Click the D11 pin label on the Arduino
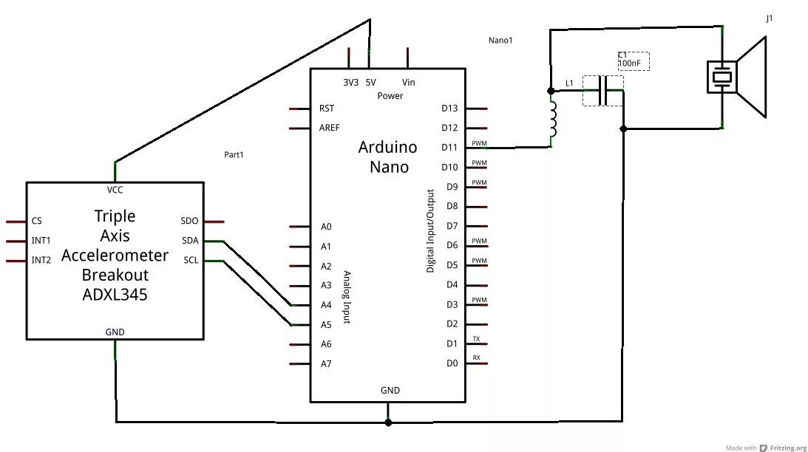449,148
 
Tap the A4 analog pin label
326,305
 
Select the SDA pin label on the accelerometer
190,241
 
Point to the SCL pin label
190,260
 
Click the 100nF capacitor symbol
603,91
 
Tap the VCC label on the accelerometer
115,190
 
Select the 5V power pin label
370,83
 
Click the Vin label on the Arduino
408,83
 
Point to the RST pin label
326,109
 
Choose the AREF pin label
329,128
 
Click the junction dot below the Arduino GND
389,422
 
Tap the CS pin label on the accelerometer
36,221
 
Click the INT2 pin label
41,260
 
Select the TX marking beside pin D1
477,339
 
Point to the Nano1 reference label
500,41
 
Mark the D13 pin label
449,109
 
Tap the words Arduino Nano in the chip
388,157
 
